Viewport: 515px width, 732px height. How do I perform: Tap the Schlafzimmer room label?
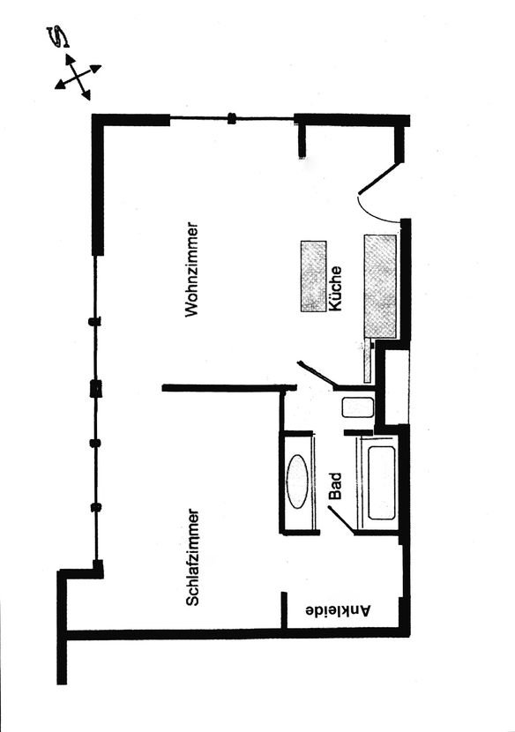[x=193, y=557]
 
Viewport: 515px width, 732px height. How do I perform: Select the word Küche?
[x=335, y=288]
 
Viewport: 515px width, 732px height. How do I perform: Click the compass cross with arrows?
[x=78, y=78]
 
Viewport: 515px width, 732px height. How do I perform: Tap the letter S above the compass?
[x=60, y=37]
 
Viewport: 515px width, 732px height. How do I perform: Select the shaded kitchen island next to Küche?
[x=313, y=276]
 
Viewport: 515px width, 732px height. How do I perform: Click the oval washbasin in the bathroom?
[x=298, y=482]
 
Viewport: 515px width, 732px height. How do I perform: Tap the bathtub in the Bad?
[x=381, y=482]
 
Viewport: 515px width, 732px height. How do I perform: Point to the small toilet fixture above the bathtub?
[x=358, y=407]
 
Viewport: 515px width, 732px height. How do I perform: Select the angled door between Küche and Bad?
[x=317, y=373]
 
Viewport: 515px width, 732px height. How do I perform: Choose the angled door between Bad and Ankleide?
[x=341, y=519]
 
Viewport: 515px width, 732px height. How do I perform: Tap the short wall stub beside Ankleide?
[x=284, y=610]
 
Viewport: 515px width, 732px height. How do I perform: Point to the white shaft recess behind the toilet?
[x=393, y=387]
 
